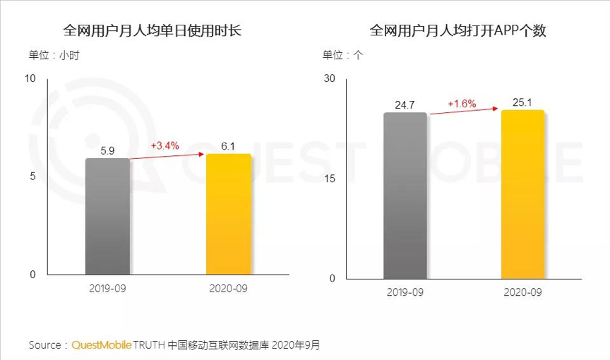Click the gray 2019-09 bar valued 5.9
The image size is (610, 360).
107,216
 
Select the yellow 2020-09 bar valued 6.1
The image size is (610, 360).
228,214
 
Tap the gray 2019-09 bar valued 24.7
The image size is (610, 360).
405,195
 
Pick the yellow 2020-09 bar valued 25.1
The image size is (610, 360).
522,193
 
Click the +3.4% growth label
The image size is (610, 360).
165,146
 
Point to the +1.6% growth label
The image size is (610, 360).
462,104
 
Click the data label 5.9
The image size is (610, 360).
107,151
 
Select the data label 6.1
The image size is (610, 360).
227,146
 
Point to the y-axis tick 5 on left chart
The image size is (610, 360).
32,176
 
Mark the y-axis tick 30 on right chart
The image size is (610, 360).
328,78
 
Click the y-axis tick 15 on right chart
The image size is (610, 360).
328,178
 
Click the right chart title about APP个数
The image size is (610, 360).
458,31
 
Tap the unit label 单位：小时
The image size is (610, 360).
54,55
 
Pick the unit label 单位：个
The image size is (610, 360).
343,55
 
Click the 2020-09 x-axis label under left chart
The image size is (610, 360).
229,289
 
